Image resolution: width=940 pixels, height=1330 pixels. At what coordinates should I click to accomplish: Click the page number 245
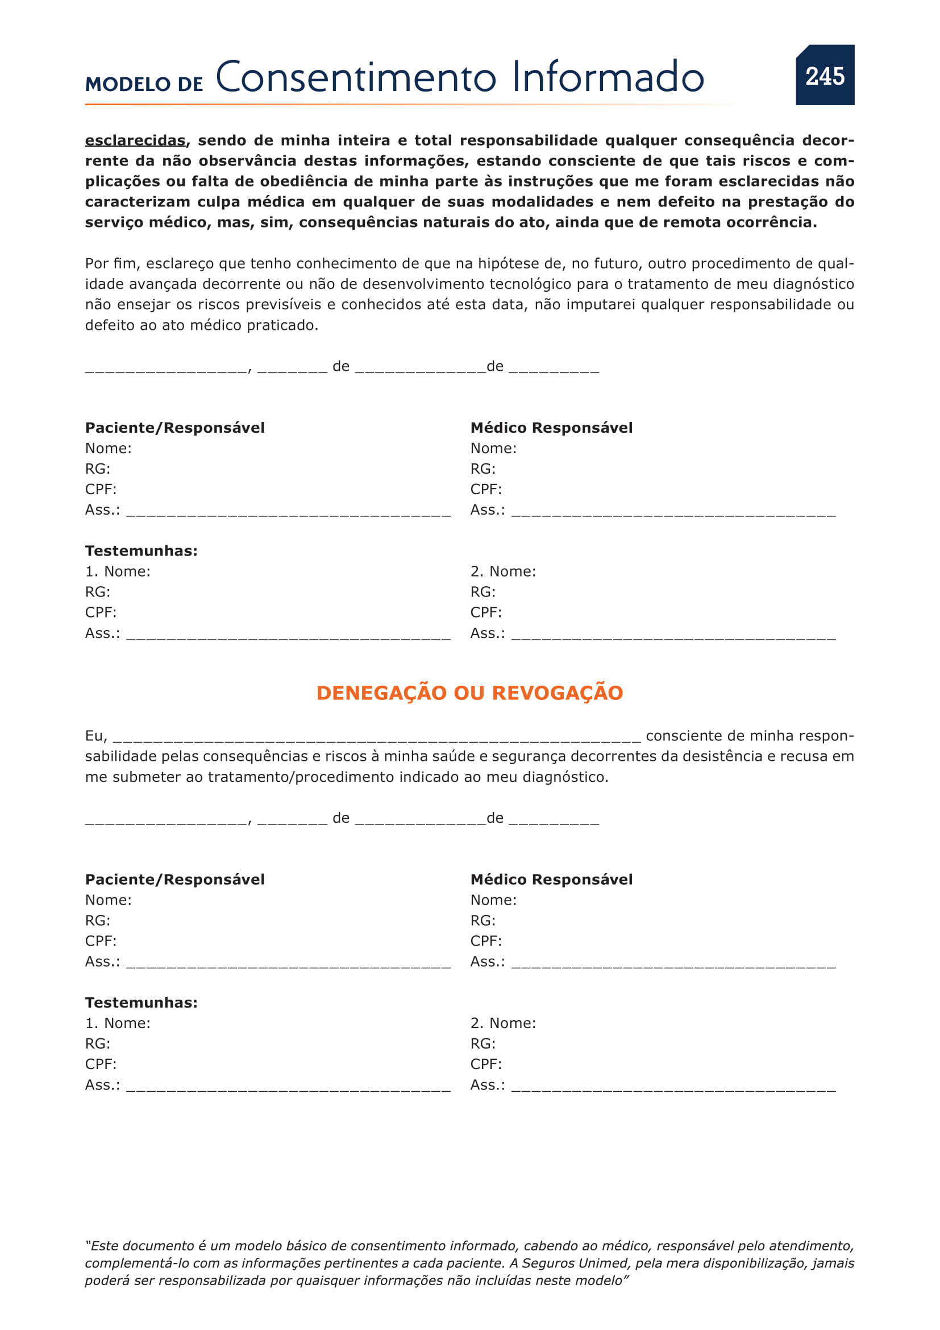(x=825, y=76)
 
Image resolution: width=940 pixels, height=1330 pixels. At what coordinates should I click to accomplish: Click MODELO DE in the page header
(x=144, y=85)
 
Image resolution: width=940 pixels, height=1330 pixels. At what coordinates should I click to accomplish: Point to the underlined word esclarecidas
(x=135, y=141)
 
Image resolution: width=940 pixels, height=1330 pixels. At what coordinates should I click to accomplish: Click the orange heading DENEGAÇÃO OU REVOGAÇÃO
(x=469, y=693)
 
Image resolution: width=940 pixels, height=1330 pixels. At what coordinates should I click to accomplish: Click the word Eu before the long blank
(x=95, y=736)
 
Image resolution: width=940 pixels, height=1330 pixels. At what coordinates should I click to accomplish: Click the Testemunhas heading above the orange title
(x=142, y=551)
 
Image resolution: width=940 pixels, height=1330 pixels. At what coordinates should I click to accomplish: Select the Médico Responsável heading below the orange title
(x=551, y=879)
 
